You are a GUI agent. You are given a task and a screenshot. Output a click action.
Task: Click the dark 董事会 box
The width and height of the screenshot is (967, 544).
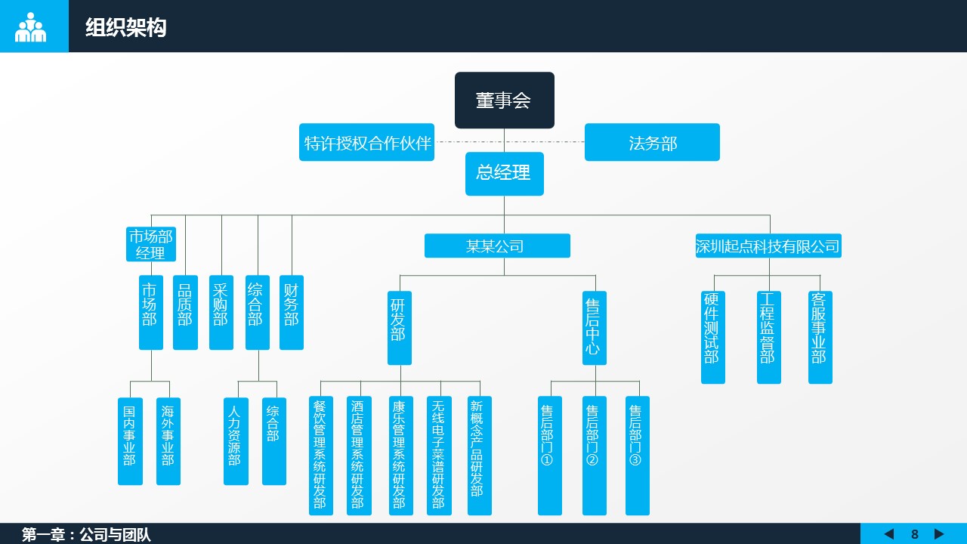click(x=504, y=100)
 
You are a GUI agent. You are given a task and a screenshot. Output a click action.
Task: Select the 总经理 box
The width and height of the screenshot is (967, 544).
click(x=504, y=173)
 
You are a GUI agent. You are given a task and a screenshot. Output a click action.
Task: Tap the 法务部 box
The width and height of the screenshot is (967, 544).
click(x=652, y=142)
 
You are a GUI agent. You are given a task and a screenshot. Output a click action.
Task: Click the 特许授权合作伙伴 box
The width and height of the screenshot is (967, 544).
click(x=366, y=142)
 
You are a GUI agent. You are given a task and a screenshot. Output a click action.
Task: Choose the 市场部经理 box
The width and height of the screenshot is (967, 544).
click(x=151, y=244)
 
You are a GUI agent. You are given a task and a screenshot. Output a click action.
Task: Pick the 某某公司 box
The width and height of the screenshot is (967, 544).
click(x=497, y=246)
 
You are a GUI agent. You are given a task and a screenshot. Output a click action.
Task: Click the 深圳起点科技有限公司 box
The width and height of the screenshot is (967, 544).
click(x=768, y=246)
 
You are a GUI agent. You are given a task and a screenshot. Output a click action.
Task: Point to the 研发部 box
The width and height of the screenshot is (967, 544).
click(x=399, y=327)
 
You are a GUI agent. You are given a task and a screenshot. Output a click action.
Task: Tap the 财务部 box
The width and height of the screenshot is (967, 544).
click(x=291, y=312)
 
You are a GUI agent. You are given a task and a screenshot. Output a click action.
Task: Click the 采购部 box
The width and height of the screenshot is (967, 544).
click(x=221, y=312)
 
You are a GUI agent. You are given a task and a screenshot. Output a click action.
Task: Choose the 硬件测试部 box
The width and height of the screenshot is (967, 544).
click(x=712, y=337)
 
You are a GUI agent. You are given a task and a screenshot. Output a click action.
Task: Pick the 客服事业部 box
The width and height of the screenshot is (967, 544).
click(x=820, y=337)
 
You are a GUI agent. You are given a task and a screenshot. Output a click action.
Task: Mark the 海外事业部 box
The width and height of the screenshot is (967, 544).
click(x=168, y=440)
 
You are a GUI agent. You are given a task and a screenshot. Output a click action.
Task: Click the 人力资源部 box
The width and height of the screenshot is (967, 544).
click(x=236, y=440)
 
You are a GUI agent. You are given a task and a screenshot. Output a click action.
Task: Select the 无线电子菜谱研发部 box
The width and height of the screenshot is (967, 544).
click(x=439, y=455)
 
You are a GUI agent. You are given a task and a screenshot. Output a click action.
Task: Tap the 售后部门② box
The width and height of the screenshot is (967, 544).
click(x=594, y=455)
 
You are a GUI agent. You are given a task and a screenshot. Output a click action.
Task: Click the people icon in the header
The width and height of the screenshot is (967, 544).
click(x=31, y=27)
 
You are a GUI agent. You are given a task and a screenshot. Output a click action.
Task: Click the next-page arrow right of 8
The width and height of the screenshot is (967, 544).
click(x=939, y=534)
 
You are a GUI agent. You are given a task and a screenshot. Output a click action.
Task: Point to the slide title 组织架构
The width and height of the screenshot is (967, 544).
click(x=125, y=28)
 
